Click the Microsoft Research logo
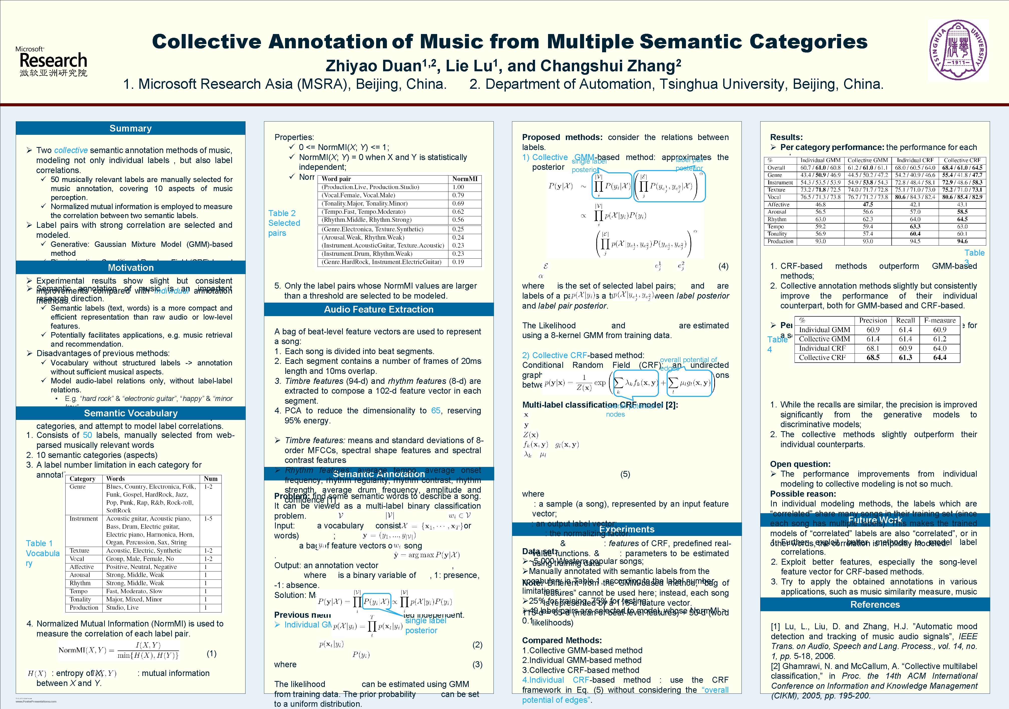[52, 62]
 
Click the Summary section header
[131, 128]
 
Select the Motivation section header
[131, 268]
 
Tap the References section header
[875, 604]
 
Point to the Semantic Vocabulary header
[131, 413]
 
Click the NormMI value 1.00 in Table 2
[458, 187]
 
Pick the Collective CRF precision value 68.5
[873, 358]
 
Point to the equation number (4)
[723, 266]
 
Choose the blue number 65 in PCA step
[435, 411]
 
